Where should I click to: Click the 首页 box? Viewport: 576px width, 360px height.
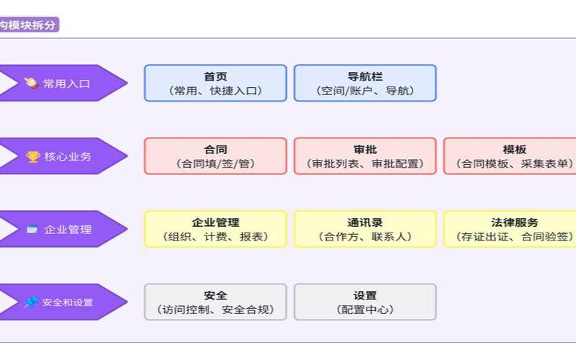(x=215, y=83)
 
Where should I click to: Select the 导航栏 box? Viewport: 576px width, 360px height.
(x=365, y=83)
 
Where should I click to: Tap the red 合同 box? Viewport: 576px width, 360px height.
(x=215, y=156)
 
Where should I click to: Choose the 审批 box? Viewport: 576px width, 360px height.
(x=365, y=156)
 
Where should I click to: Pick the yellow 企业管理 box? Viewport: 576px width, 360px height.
(x=215, y=229)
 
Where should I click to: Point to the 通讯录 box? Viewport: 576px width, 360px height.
(x=365, y=229)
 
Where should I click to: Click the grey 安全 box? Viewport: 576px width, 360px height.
(x=215, y=302)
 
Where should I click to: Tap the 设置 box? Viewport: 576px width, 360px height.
(x=365, y=302)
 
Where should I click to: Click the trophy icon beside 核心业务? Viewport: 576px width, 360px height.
(x=33, y=156)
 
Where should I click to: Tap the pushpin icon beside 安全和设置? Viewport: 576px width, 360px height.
(x=31, y=302)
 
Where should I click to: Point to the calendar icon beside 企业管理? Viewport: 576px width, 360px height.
(x=32, y=230)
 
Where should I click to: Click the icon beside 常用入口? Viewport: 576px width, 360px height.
(x=31, y=84)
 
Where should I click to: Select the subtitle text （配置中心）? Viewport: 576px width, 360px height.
(x=365, y=310)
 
